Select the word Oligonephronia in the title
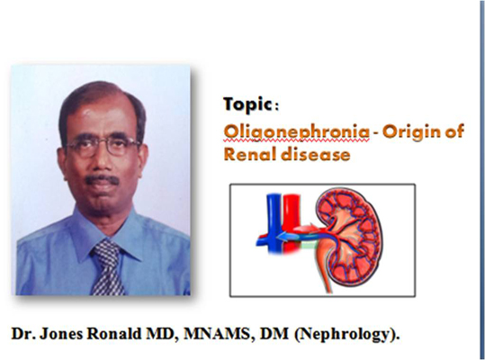(296, 132)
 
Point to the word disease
(316, 154)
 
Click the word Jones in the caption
(61, 334)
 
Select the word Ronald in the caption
(113, 334)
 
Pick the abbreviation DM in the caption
(274, 334)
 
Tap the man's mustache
(102, 180)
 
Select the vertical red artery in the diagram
(291, 222)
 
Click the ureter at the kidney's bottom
(324, 267)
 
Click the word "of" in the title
(454, 131)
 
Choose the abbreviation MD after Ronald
(161, 334)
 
